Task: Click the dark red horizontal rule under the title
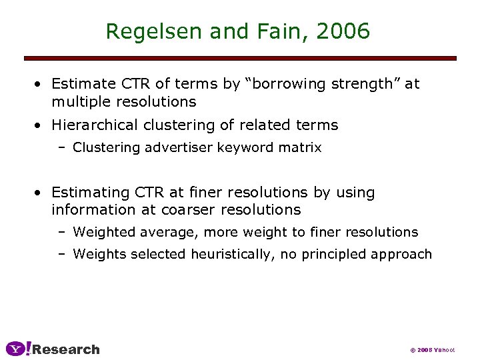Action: pyautogui.click(x=240, y=59)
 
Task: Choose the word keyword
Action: pyautogui.click(x=247, y=147)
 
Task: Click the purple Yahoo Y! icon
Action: pyautogui.click(x=18, y=349)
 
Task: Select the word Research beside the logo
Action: pyautogui.click(x=66, y=349)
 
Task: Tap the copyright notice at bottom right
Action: pyautogui.click(x=432, y=350)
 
